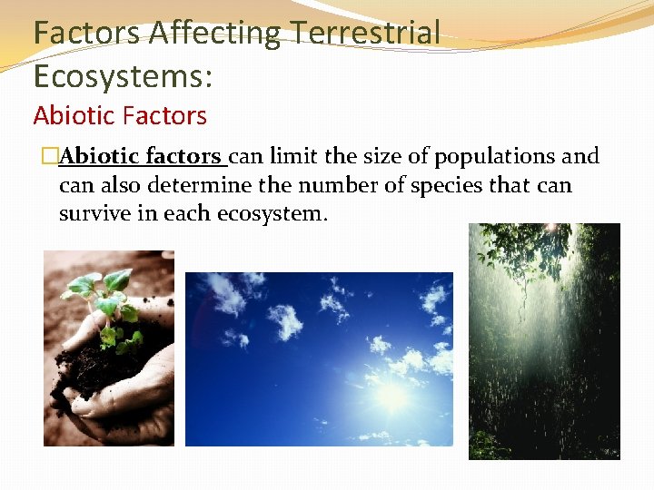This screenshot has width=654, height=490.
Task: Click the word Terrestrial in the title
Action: pyautogui.click(x=366, y=34)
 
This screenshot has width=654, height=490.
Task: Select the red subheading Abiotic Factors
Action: pyautogui.click(x=120, y=116)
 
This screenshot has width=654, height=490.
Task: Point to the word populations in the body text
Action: pyautogui.click(x=496, y=157)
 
